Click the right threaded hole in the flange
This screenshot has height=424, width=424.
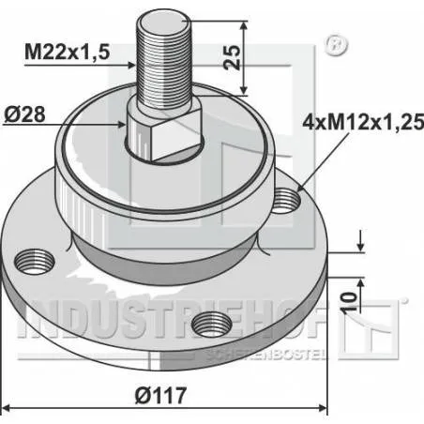[x=287, y=197]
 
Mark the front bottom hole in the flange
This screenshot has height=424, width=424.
[x=209, y=326]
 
